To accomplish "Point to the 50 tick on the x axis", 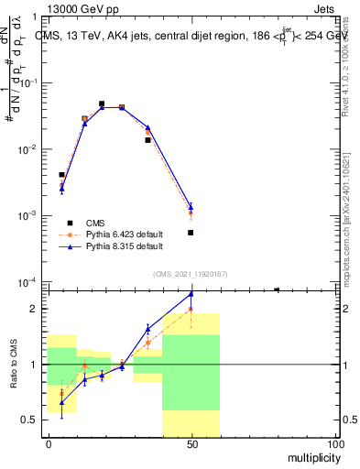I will coord(191,444).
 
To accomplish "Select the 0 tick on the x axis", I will coord(49,444).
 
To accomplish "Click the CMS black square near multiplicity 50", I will coord(191,233).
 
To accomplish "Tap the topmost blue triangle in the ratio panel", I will coord(191,294).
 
